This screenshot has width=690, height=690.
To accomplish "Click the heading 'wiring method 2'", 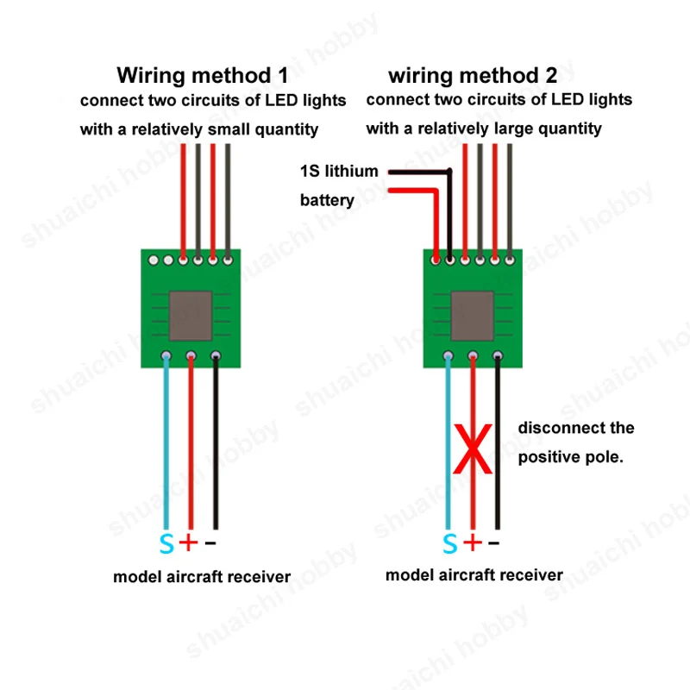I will point(472,75).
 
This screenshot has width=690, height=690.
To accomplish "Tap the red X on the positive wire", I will point(474,449).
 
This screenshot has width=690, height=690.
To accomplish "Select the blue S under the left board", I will point(166,544).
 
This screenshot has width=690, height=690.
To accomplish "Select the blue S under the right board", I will point(449,543).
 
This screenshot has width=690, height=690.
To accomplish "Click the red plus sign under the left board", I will point(189,543).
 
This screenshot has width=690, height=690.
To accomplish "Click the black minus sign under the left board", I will point(212,543).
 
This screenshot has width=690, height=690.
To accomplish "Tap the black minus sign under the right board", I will point(494,543).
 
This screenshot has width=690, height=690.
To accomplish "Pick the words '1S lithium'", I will point(339,171).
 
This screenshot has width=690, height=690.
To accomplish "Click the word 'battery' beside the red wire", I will point(327,200).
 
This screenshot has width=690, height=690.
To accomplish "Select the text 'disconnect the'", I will point(575,428).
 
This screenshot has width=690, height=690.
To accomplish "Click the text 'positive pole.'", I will point(569,457).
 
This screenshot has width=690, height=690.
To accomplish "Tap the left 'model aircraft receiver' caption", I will point(202,576).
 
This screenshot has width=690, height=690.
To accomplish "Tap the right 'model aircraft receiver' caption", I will point(474,574).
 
